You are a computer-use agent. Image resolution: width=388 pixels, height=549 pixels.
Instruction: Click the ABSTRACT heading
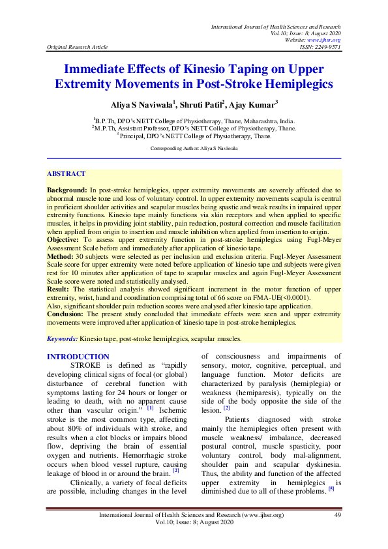click(x=66, y=174)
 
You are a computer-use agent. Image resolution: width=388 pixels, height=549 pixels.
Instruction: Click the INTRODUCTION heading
click(x=78, y=357)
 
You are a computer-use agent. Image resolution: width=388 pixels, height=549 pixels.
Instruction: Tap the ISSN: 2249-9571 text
click(x=318, y=47)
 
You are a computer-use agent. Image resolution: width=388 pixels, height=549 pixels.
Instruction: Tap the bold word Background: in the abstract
click(x=68, y=188)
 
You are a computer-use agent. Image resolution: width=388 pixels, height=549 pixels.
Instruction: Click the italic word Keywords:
click(x=63, y=339)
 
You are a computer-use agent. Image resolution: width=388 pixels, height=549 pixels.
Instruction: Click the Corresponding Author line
click(x=194, y=149)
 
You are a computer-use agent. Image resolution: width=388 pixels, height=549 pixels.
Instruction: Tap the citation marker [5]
click(x=332, y=490)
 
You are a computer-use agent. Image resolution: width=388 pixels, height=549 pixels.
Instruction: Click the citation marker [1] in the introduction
click(x=150, y=408)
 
